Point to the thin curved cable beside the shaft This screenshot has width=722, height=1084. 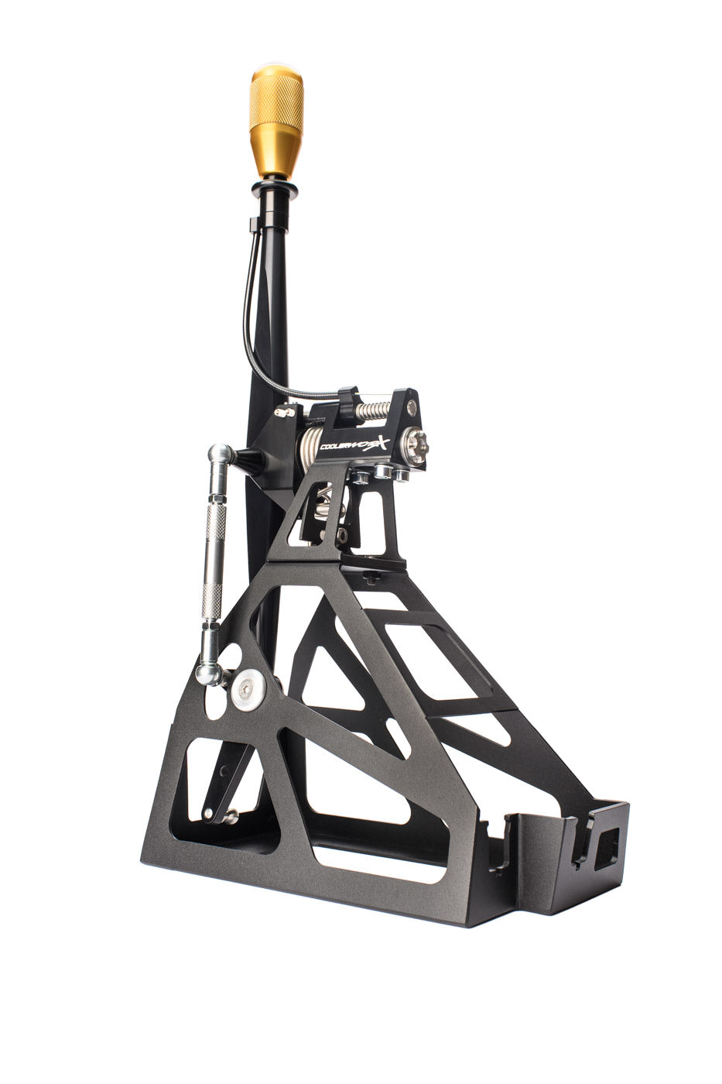(x=252, y=310)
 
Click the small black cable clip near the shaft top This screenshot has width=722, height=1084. (x=253, y=225)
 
